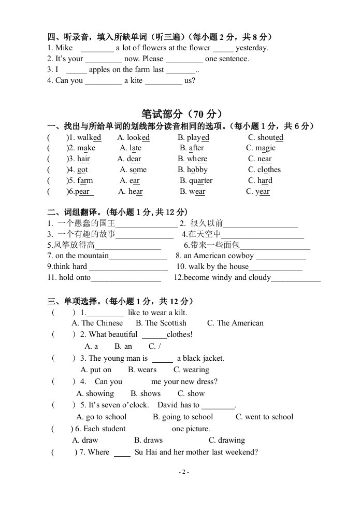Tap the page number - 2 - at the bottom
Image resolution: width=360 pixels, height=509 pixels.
183,472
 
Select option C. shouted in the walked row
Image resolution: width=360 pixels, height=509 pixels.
265,137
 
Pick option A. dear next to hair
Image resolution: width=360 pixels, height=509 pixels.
129,159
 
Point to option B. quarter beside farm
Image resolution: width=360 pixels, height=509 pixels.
196,181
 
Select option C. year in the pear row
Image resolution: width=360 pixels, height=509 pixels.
257,192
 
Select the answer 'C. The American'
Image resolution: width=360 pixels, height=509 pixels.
235,323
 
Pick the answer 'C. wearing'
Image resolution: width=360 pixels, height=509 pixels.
191,370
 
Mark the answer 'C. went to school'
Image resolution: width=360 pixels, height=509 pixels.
264,417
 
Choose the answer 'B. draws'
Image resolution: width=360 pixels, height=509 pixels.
148,441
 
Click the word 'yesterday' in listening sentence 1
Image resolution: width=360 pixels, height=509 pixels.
252,48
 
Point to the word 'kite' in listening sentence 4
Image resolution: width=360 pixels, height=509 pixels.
136,81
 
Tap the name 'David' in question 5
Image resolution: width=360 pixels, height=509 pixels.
168,405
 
